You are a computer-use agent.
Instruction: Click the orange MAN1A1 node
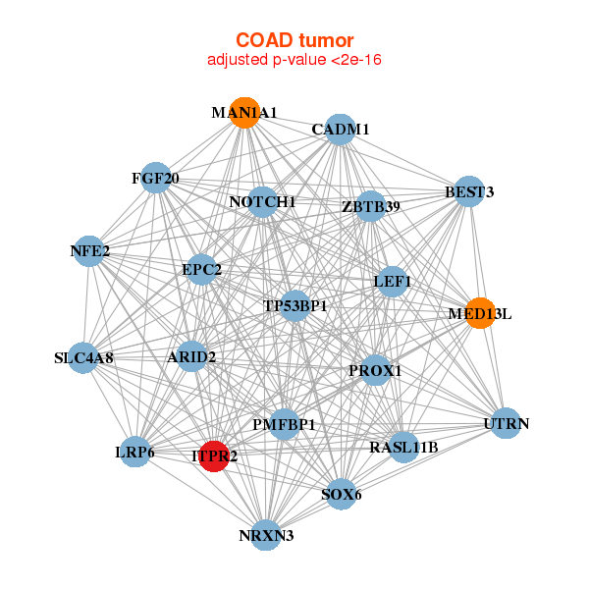(244, 113)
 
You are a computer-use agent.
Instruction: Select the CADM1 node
(340, 131)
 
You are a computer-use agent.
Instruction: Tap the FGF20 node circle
(156, 178)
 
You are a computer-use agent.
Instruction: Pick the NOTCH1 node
(262, 202)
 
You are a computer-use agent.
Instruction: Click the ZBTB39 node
(370, 206)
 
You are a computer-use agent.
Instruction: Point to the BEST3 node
(469, 192)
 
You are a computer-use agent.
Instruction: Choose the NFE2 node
(90, 250)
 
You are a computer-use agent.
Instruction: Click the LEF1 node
(393, 282)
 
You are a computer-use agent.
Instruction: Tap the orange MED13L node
(479, 313)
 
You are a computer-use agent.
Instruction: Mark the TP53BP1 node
(294, 305)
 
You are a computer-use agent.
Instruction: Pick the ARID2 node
(192, 356)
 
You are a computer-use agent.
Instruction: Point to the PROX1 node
(376, 370)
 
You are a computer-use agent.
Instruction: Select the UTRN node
(506, 423)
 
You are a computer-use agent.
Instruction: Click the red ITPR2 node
(214, 456)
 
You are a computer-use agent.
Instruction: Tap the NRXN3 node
(266, 535)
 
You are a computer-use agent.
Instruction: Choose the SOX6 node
(341, 494)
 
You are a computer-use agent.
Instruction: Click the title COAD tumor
(294, 40)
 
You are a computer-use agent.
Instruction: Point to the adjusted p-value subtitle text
(294, 60)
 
